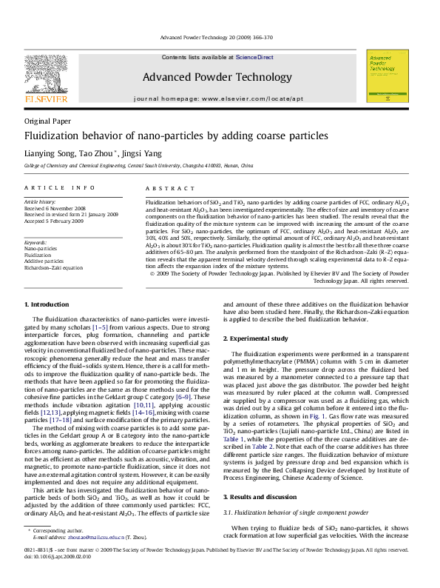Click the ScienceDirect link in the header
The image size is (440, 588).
point(254,57)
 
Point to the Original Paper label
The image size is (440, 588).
point(48,120)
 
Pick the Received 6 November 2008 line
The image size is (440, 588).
point(59,208)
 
